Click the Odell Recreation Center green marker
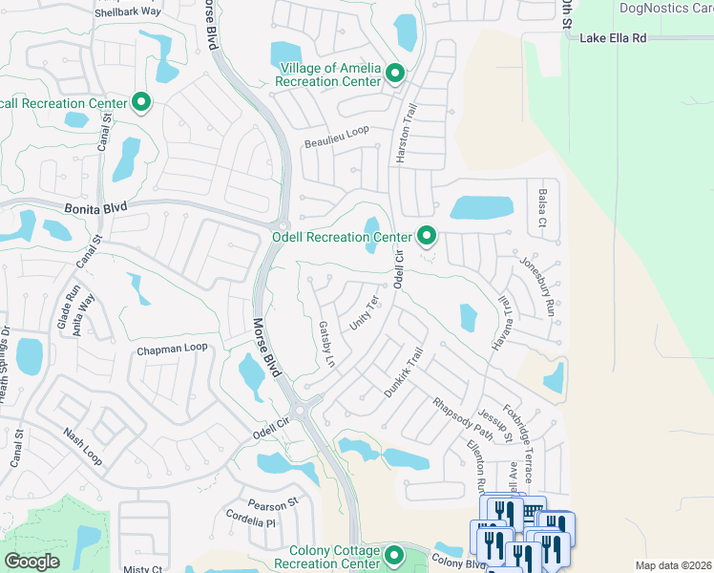427,235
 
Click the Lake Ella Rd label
619,37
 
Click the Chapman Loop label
172,349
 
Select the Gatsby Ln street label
325,345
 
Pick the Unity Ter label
365,313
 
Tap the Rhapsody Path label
463,420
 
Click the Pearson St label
273,501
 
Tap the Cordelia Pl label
251,523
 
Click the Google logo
31,562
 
